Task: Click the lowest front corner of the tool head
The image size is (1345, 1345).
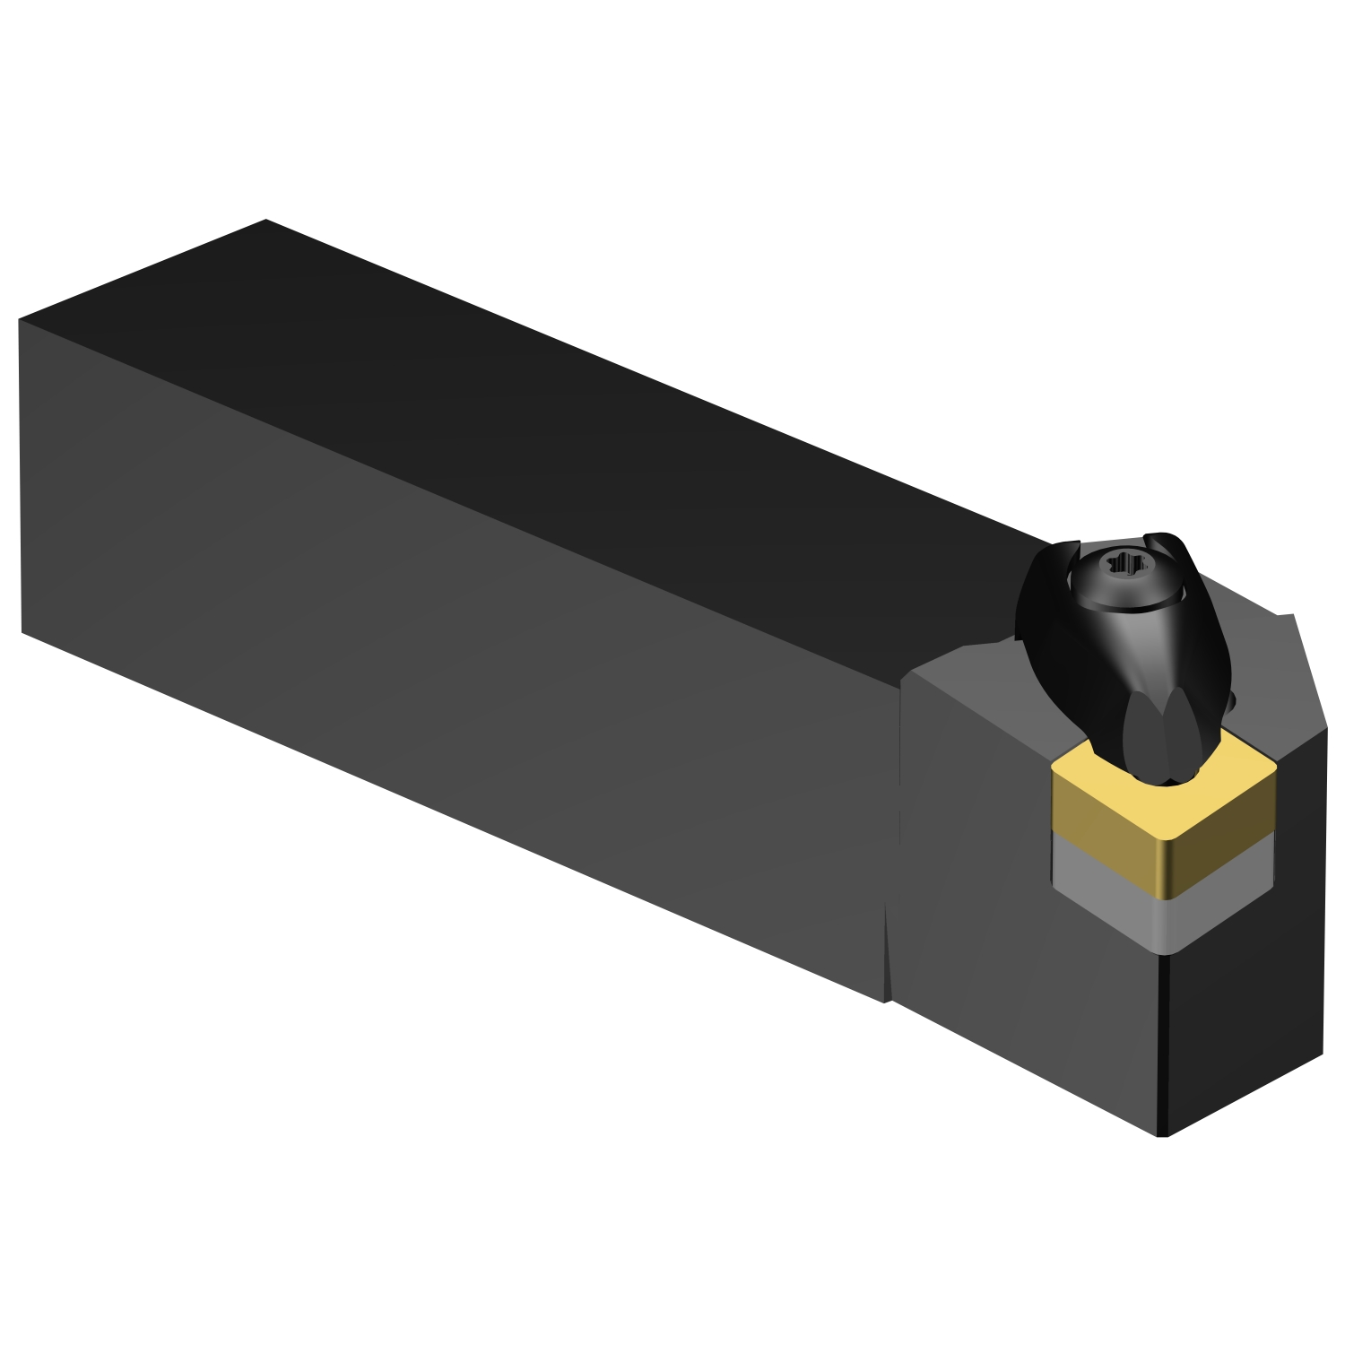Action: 1163,1135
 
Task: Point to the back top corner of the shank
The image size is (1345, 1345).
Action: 266,221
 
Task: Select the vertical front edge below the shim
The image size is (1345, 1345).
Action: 1164,1040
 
